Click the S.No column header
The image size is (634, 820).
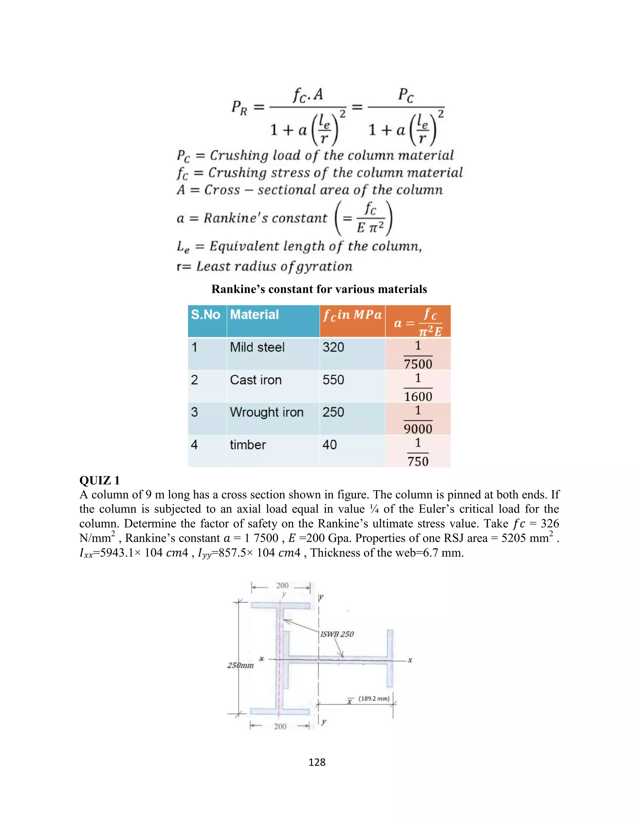point(206,315)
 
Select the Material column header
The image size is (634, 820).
point(254,315)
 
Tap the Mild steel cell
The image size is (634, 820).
point(257,347)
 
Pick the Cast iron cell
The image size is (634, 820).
point(255,380)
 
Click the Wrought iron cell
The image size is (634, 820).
point(266,412)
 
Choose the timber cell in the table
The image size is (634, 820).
point(248,445)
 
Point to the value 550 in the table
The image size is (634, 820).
point(333,380)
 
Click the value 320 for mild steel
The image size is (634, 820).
point(333,347)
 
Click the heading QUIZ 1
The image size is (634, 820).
point(100,481)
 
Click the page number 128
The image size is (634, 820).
point(317,762)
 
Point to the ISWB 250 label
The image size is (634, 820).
point(337,634)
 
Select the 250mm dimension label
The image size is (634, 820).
point(240,665)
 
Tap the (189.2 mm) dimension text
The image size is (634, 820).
point(374,698)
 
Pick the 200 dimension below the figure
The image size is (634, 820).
point(280,726)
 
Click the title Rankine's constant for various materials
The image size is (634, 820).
point(319,289)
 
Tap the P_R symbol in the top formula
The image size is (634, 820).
point(239,108)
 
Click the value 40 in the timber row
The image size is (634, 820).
point(329,445)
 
